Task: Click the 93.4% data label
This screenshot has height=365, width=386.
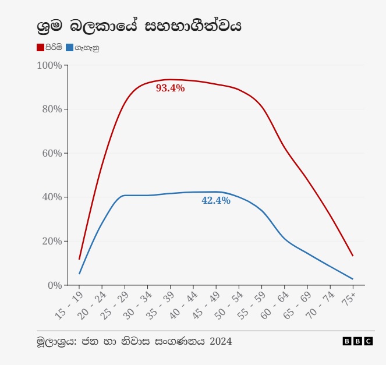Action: pyautogui.click(x=170, y=88)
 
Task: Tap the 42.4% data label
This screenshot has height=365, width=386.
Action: pyautogui.click(x=216, y=201)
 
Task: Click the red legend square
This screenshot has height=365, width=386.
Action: pyautogui.click(x=40, y=47)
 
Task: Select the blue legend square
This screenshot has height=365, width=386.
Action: pyautogui.click(x=70, y=47)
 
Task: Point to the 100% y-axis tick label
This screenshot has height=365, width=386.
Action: pyautogui.click(x=49, y=65)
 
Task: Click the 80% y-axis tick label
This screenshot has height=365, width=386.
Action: pyautogui.click(x=51, y=109)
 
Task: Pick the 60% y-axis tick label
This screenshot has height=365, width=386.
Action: pyautogui.click(x=51, y=154)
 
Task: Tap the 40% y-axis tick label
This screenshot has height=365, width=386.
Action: pyautogui.click(x=51, y=197)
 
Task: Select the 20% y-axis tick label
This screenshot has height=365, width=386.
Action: pyautogui.click(x=51, y=241)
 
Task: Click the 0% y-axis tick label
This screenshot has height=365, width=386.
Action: pyautogui.click(x=54, y=285)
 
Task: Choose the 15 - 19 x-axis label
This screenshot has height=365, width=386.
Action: pyautogui.click(x=69, y=306)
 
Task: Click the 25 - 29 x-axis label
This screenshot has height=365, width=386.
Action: pyautogui.click(x=115, y=306)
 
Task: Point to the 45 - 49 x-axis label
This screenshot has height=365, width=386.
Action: pyautogui.click(x=206, y=306)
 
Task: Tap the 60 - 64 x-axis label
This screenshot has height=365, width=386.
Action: pyautogui.click(x=274, y=306)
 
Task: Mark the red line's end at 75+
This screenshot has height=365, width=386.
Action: pyautogui.click(x=353, y=256)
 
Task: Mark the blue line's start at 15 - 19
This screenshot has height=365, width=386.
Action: pyautogui.click(x=79, y=274)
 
